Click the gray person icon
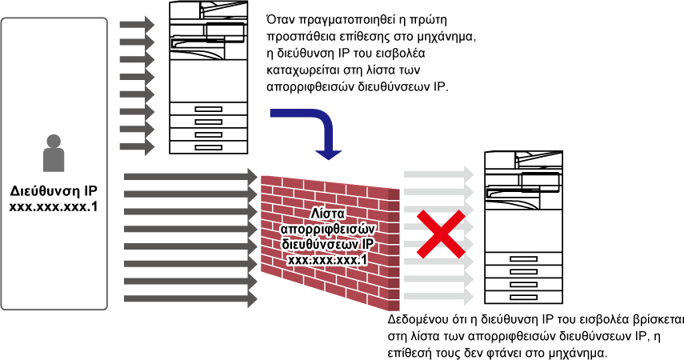[54, 154]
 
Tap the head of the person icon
[54, 142]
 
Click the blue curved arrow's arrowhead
[328, 154]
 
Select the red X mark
[440, 234]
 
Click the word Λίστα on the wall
[328, 214]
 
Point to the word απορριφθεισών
[328, 229]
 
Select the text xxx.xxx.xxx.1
[328, 259]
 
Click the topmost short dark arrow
[136, 25]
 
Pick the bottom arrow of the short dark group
[136, 147]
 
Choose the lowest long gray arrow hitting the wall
[190, 299]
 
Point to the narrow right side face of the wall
[394, 250]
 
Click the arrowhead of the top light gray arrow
[469, 174]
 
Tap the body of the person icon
[54, 160]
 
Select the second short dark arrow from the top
[136, 42]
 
